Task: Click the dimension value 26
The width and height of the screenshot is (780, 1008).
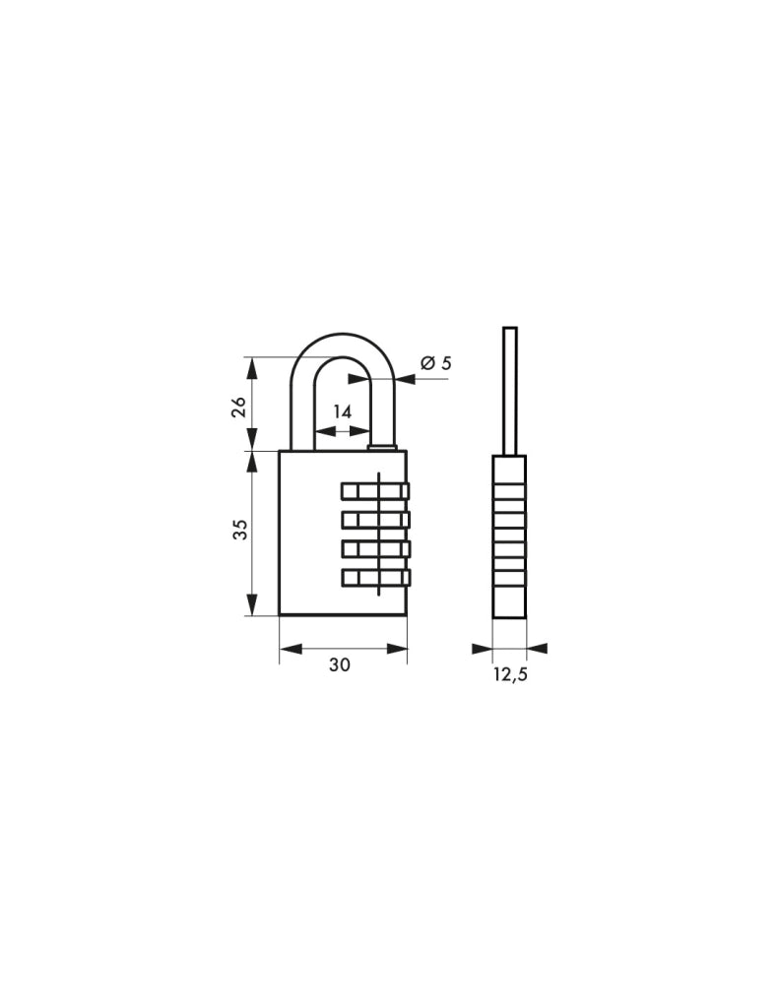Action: [238, 407]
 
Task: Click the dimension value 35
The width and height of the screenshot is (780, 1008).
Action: [239, 530]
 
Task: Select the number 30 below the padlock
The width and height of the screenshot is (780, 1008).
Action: [340, 665]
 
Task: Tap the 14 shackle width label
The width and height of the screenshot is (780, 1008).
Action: [342, 411]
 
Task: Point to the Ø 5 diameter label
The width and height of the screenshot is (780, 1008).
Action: [436, 363]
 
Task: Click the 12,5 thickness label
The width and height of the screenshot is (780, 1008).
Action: [510, 675]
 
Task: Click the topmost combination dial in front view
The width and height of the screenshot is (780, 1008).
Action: [375, 492]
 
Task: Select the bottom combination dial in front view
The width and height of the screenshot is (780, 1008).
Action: [375, 578]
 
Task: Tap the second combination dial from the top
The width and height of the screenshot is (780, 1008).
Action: [375, 520]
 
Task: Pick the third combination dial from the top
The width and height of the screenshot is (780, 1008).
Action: [375, 549]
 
